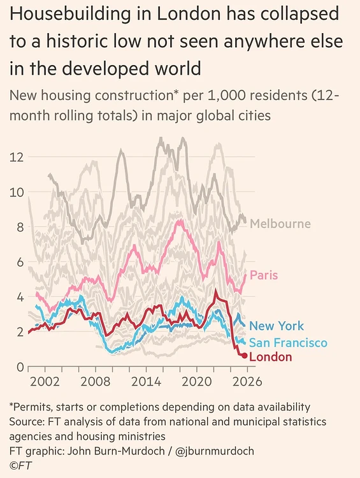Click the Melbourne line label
[x=280, y=224]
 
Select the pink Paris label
[x=264, y=275]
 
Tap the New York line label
[x=277, y=326]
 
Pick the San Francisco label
[x=288, y=343]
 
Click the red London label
[x=270, y=357]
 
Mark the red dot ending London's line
[x=244, y=355]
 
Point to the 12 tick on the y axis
[x=17, y=157]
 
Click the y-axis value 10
[x=17, y=192]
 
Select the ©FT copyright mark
[x=20, y=465]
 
